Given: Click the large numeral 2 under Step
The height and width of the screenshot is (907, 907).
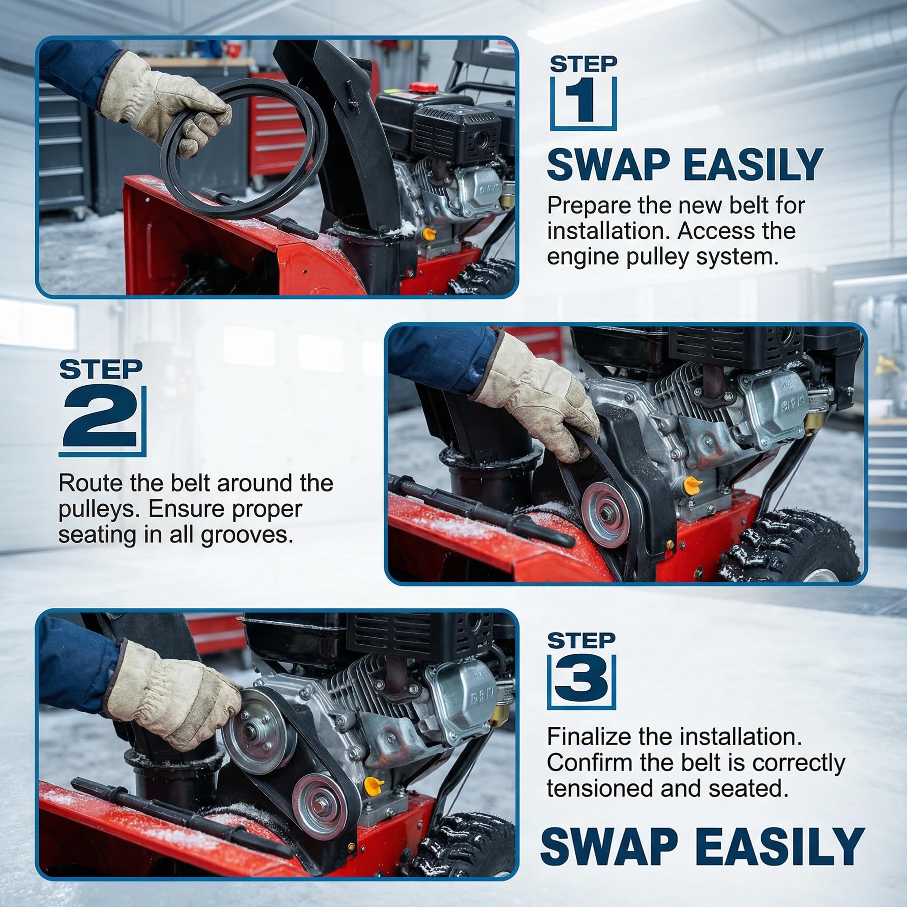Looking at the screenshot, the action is coord(101,416).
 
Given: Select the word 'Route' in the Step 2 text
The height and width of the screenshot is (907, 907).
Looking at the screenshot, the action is coord(91,483).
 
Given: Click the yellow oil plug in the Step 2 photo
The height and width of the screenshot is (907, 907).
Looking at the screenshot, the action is coord(691,484).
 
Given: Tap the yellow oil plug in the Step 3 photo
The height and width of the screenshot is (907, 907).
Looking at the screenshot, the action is coord(373,783).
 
